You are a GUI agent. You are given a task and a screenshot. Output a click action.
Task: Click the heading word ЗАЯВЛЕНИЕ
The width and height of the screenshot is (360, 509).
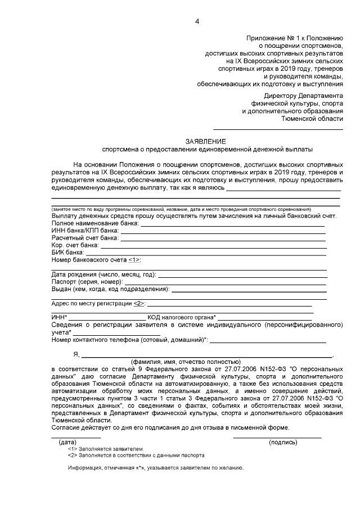tap(206, 141)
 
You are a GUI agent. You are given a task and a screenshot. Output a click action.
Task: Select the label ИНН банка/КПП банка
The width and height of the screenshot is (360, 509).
tap(85, 231)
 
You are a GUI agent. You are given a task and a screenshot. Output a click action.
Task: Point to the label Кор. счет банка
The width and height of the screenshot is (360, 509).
tap(75, 245)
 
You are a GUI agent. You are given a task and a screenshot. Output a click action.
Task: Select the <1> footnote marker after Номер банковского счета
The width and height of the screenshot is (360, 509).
tap(134, 260)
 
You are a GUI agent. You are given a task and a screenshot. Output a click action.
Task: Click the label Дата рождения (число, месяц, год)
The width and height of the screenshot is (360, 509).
tap(103, 274)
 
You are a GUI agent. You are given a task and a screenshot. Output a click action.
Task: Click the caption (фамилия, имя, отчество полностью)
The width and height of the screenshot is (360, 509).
tap(186, 362)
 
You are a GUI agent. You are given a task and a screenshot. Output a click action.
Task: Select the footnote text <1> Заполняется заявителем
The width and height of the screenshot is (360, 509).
tap(105, 449)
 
